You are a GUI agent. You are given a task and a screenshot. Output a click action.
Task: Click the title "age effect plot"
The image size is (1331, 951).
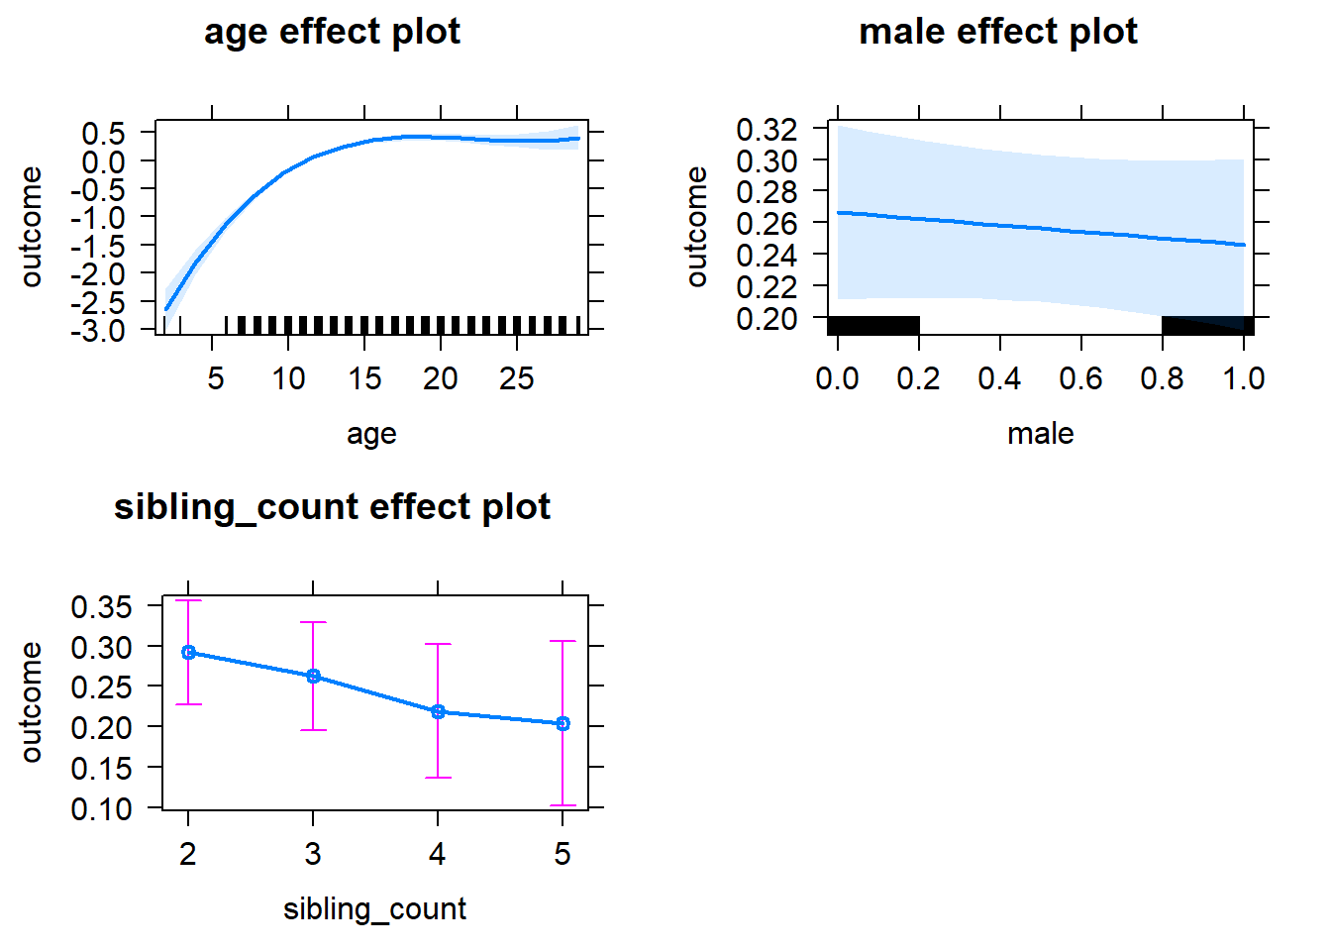coord(332,32)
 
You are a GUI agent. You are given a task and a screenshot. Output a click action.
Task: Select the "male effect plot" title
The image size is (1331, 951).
coord(997,32)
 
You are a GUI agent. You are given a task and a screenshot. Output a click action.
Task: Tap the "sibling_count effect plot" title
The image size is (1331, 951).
coord(332,507)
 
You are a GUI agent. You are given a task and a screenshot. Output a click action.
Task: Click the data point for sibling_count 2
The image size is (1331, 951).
coord(188,653)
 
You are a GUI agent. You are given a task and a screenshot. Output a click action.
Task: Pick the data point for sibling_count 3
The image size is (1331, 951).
coord(313,677)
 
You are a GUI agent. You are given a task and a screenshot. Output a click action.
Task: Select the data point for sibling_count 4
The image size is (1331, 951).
coord(438,712)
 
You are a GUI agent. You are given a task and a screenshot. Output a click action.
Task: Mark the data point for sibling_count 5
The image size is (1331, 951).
coord(563,724)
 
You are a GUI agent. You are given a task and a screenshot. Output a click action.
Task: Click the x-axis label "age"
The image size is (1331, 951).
coord(371,434)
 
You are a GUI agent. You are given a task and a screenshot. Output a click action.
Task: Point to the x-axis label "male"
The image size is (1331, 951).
coord(1040,434)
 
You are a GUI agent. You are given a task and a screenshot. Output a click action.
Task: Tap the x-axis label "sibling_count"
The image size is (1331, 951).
coord(374,909)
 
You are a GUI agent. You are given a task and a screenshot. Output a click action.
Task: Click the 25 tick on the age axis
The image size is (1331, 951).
coord(517,378)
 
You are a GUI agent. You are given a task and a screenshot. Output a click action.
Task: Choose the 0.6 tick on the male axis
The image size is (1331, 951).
coord(1080,378)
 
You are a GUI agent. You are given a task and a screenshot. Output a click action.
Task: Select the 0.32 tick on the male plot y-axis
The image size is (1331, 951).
coord(768,129)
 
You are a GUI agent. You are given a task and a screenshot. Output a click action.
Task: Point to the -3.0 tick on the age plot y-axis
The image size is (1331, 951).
coord(98,332)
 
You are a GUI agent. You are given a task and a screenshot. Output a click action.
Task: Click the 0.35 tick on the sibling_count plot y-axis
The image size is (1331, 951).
coord(102,606)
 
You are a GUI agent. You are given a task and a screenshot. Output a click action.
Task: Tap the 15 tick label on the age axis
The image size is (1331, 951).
coord(364,378)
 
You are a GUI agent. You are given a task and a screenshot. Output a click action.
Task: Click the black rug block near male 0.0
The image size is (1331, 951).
coord(873,325)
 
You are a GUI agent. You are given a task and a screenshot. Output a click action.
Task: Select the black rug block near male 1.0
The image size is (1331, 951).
coord(1207,325)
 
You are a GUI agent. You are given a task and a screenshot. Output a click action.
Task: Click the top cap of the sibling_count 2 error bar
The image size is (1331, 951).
coord(188,601)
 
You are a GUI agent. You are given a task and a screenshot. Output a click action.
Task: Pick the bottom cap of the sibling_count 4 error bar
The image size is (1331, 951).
coord(438,778)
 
